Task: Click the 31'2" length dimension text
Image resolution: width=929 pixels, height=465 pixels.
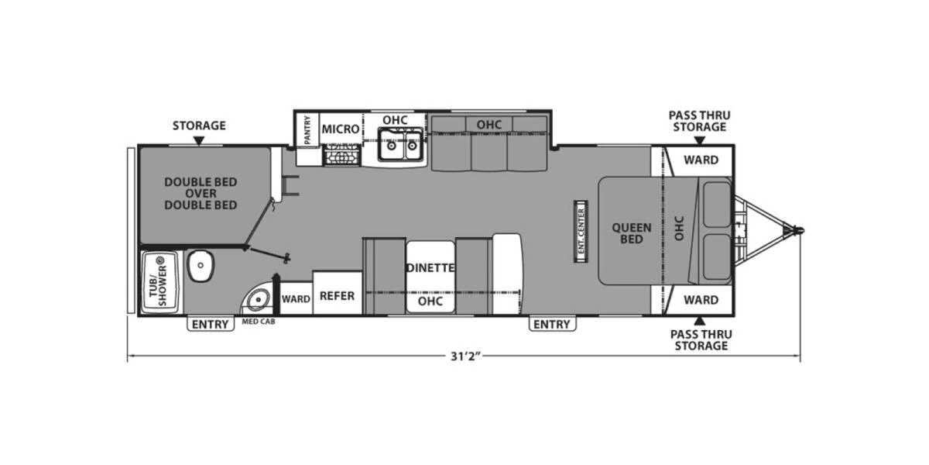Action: (465, 357)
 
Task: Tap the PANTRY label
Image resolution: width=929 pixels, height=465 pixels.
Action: (308, 129)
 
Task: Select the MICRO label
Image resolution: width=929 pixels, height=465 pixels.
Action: (341, 129)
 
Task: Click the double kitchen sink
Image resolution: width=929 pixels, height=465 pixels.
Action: (401, 143)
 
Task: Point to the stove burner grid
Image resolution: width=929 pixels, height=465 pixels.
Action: (341, 157)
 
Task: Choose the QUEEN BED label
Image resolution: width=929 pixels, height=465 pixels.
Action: (632, 233)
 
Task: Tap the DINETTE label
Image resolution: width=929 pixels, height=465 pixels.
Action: (429, 268)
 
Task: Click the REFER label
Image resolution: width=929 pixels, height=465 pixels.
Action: (337, 296)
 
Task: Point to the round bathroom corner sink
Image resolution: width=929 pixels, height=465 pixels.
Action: (256, 299)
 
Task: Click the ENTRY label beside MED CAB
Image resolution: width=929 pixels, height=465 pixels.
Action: (210, 325)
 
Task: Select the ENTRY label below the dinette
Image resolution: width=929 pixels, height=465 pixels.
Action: (550, 325)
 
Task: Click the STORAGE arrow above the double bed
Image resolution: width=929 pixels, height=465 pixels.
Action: (199, 140)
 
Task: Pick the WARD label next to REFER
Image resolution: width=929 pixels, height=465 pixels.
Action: (296, 298)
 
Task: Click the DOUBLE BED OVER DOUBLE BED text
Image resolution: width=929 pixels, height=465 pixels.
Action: (201, 194)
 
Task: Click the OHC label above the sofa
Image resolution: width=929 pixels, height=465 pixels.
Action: (489, 124)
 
